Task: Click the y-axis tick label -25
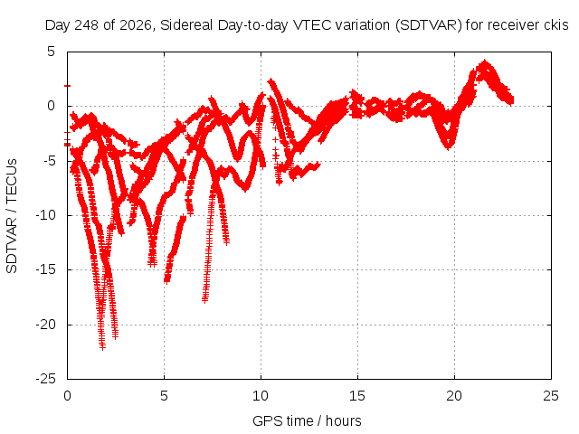click(x=46, y=379)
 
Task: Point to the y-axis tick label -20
click(x=46, y=325)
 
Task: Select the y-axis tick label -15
click(x=46, y=269)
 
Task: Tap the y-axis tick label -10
click(x=46, y=215)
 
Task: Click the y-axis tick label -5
click(x=49, y=161)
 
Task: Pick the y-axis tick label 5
click(x=51, y=52)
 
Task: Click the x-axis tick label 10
click(x=261, y=396)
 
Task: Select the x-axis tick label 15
click(x=357, y=396)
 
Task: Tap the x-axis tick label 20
click(x=454, y=396)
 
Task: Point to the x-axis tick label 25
click(x=551, y=396)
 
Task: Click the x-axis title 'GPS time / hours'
click(x=307, y=421)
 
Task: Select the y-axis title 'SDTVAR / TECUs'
click(x=12, y=216)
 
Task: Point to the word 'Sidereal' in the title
click(x=186, y=25)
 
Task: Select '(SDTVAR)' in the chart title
click(x=428, y=25)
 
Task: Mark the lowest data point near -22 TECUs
click(x=102, y=347)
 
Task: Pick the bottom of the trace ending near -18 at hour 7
click(x=205, y=299)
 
